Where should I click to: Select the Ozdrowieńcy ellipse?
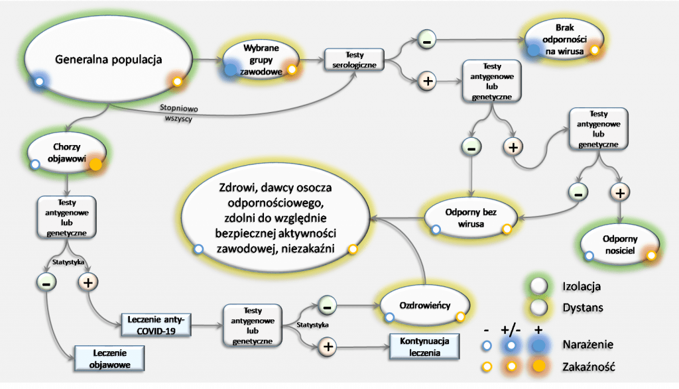(425, 306)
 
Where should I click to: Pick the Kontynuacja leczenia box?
(424, 346)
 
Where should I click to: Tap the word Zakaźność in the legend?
(586, 365)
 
